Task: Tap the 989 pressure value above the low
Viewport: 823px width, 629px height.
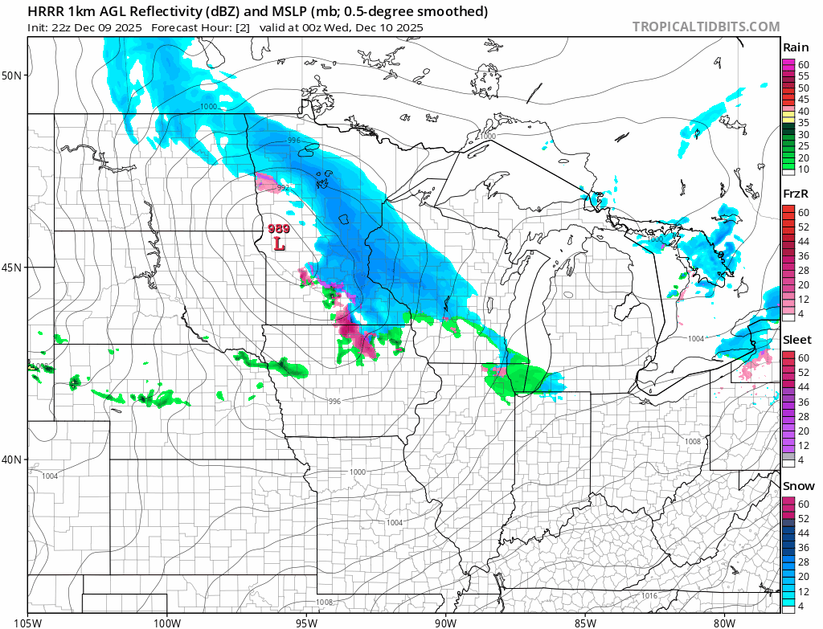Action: (x=277, y=228)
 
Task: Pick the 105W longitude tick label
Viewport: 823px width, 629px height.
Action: (x=28, y=621)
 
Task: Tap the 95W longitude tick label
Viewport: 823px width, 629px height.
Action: (x=306, y=621)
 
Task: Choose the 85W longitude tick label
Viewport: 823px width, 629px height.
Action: (x=585, y=621)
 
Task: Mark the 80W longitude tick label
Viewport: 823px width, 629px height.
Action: (x=724, y=621)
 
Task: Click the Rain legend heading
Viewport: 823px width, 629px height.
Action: (x=796, y=47)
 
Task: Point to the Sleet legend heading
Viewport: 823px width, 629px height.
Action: (x=797, y=340)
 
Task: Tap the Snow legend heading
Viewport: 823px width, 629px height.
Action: (x=797, y=486)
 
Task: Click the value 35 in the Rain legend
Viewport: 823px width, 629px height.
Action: (x=803, y=123)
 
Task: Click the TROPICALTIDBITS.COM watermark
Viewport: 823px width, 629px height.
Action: (x=706, y=27)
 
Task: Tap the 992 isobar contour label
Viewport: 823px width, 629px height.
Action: (x=283, y=187)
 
